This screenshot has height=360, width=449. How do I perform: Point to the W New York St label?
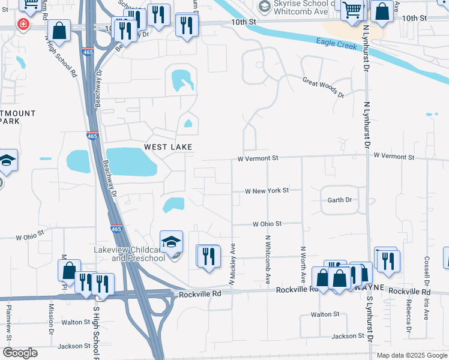pos(267,190)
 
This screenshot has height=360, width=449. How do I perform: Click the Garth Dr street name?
pos(340,200)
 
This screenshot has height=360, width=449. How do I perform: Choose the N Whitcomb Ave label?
pos(268,251)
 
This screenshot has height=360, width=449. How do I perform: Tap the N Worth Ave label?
pos(303,265)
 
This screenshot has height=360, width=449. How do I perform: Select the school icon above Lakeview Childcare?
pos(171,242)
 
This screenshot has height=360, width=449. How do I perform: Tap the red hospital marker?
pos(23,24)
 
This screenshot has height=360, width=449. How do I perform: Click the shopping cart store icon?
pos(352,9)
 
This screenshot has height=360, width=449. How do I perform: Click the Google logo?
pos(20,353)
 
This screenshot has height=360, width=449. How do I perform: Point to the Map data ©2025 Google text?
pos(411,355)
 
